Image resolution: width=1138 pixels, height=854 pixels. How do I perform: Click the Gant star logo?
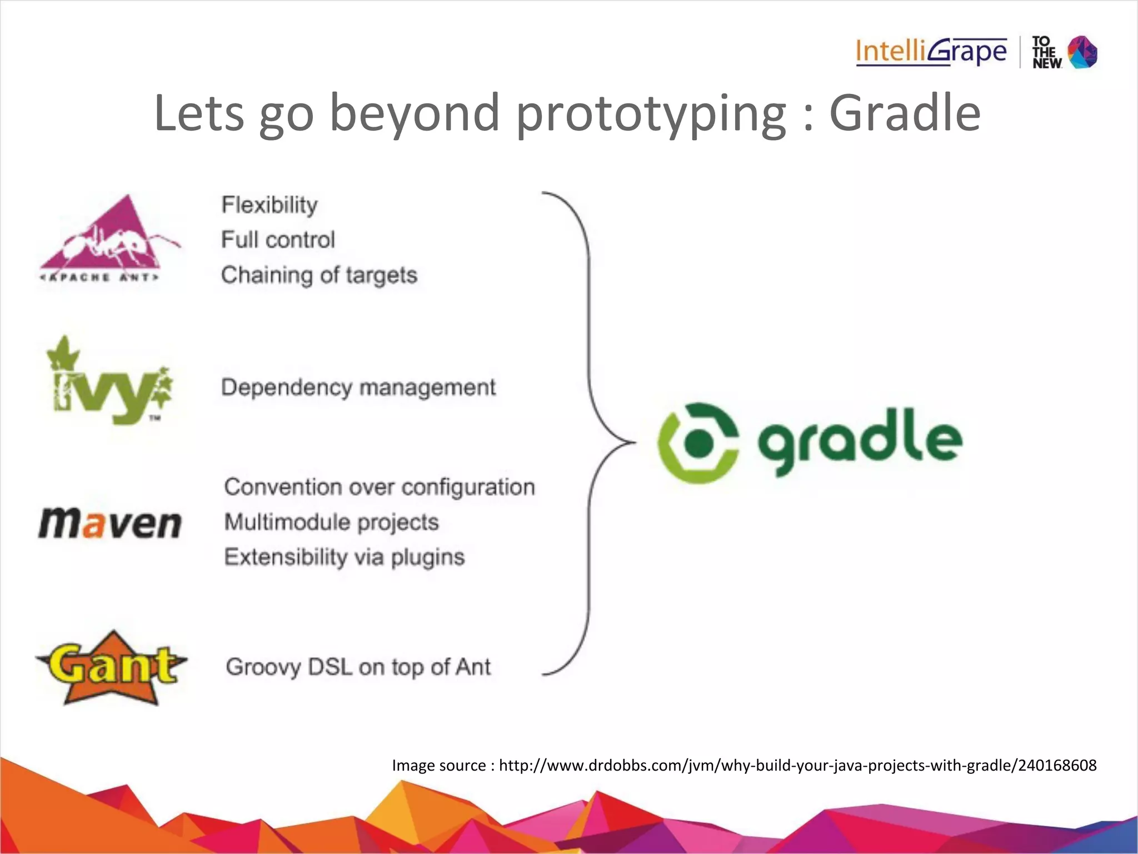(x=111, y=667)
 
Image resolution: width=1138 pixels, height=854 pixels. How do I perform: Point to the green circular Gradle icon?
(x=698, y=443)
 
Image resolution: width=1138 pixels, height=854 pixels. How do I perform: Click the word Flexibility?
(x=269, y=205)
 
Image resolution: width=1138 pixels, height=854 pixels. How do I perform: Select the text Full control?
(x=278, y=240)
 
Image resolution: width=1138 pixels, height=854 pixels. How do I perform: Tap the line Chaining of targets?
(x=319, y=275)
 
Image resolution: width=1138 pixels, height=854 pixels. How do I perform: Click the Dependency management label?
(x=358, y=388)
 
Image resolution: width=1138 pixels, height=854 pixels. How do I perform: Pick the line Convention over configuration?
(x=380, y=487)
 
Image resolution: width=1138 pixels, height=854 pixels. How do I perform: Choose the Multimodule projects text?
(x=331, y=522)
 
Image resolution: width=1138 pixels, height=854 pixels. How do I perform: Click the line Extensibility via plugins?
(x=344, y=557)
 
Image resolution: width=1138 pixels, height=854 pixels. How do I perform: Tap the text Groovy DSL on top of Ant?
(x=358, y=667)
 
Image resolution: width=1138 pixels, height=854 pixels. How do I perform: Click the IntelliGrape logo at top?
(x=931, y=52)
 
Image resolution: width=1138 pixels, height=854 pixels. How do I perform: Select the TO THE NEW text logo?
(x=1046, y=53)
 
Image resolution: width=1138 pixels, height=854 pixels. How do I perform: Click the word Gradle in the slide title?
(x=905, y=113)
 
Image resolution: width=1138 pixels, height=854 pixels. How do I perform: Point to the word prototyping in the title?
(x=651, y=114)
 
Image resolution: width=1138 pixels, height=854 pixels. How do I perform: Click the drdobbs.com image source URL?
(x=797, y=766)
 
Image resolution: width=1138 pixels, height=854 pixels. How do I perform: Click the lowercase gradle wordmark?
(x=860, y=441)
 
